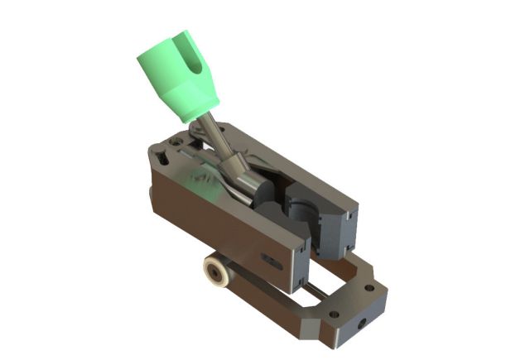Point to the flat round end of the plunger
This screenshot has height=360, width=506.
pos(264,198)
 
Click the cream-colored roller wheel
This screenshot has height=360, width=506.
pos(218,271)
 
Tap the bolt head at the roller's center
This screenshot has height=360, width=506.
pos(218,271)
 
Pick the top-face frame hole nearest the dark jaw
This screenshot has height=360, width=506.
pos(369,287)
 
